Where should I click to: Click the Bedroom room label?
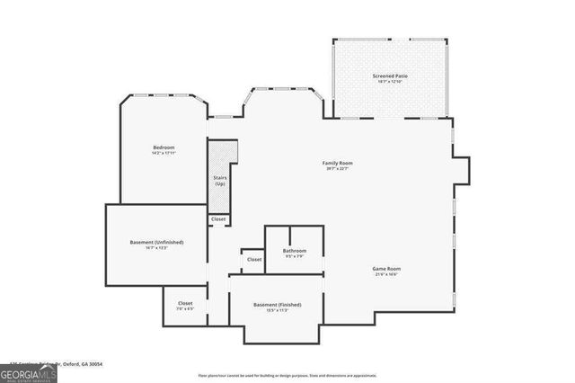point(164,147)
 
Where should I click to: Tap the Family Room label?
point(337,163)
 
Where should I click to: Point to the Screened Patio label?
point(390,76)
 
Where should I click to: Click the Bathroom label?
point(295,250)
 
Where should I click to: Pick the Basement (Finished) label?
point(277,304)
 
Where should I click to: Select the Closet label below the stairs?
point(218,219)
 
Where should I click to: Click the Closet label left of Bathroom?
point(254,260)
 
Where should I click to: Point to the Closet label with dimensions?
point(185,303)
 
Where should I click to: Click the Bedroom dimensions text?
point(164,153)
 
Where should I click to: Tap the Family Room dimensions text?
point(337,169)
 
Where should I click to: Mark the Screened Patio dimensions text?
point(390,83)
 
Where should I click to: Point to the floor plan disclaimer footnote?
point(287,375)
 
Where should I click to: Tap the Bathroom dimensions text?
point(295,256)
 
